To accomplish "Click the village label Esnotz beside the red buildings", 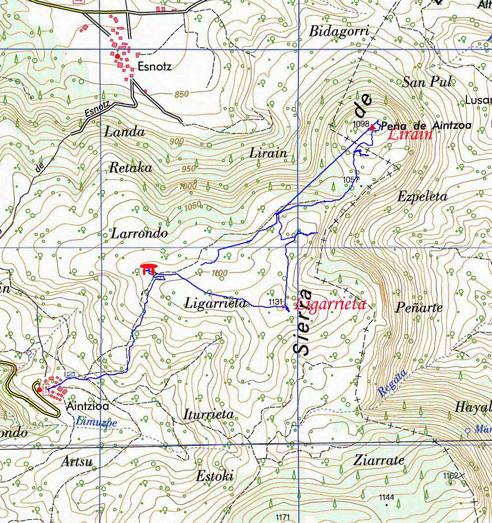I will click(x=155, y=66).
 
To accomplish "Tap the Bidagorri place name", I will click(x=339, y=32).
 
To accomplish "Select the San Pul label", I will click(x=427, y=82).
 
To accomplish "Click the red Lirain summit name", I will click(x=410, y=135).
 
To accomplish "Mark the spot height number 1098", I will click(x=361, y=124).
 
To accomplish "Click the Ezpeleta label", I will click(x=422, y=197).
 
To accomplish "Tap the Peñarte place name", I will click(x=419, y=308).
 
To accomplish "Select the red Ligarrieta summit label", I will click(x=330, y=304).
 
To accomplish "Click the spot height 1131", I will click(x=276, y=301).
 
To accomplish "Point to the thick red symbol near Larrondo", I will click(x=148, y=268).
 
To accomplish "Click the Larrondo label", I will click(x=139, y=233).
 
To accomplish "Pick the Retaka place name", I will click(x=130, y=168).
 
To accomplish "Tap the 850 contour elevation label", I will click(x=181, y=94).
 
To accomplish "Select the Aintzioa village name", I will click(x=86, y=407).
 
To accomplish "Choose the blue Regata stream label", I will click(x=393, y=383).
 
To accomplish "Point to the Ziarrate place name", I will click(x=379, y=461).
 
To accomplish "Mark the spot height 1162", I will click(x=451, y=476).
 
